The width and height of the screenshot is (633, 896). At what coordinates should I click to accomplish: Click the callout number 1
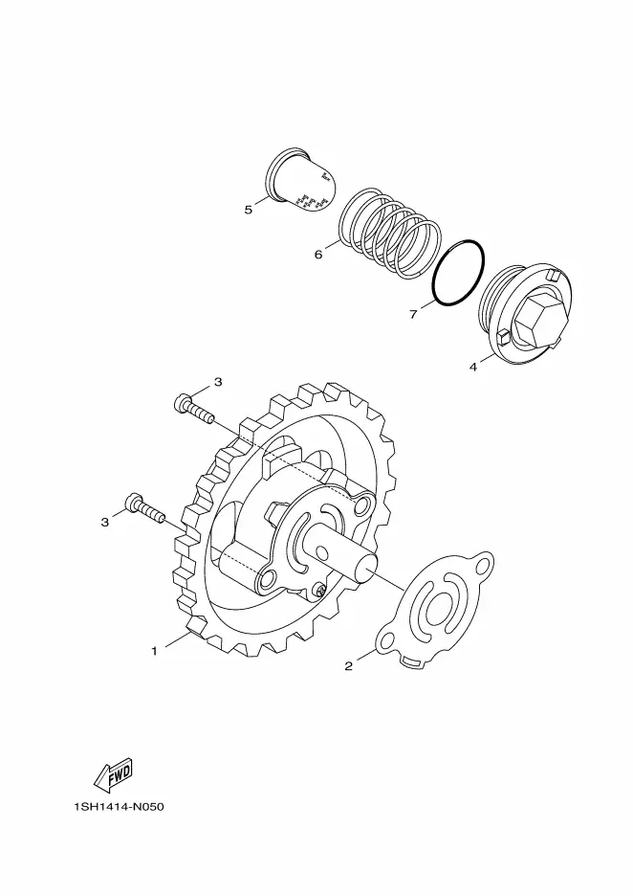pos(154,651)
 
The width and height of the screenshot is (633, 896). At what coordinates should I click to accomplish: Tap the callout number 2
pos(349,665)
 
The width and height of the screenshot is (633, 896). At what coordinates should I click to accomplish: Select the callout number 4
pos(473,367)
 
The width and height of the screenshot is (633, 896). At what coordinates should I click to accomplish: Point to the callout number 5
pos(249,210)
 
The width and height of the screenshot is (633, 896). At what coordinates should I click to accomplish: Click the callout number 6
pos(318,255)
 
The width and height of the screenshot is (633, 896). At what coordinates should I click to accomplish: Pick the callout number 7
pos(414,314)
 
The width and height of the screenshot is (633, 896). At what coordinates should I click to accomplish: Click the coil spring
pos(391,234)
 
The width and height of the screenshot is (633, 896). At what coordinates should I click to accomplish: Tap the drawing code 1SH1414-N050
pos(119,807)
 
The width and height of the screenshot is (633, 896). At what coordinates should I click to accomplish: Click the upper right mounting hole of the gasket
pos(484,564)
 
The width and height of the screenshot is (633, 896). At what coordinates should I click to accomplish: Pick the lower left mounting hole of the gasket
pos(387,643)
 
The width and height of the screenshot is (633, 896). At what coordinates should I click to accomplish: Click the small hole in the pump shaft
pos(322,552)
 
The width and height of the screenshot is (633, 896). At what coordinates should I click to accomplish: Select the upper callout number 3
pos(217,382)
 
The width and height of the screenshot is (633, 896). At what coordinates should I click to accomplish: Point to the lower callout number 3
pos(105,523)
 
